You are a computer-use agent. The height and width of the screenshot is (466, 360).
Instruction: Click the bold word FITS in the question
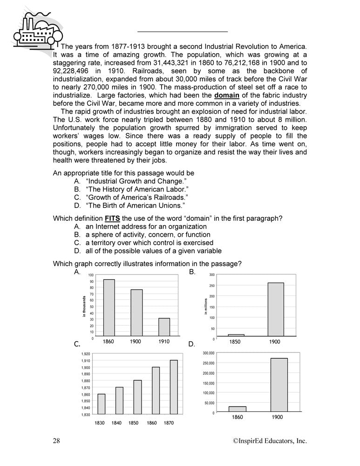pos(113,218)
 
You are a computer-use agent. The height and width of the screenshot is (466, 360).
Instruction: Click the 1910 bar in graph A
pos(164,327)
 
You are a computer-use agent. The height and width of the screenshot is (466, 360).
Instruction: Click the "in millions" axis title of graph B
pos(205,307)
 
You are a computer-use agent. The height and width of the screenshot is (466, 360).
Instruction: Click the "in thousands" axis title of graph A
pos(84,307)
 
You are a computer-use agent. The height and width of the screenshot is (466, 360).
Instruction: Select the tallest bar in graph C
pos(173,387)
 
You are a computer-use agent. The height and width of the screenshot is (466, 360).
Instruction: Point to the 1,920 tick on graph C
pos(85,355)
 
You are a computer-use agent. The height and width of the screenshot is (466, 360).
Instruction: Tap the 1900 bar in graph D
pos(278,385)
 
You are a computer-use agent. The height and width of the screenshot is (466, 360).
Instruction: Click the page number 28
pos(56,441)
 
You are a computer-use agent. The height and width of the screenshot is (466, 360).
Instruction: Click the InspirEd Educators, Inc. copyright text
pos(270,441)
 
